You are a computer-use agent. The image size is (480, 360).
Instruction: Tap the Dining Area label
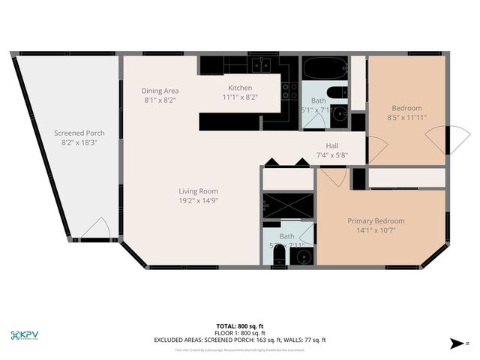[160, 91]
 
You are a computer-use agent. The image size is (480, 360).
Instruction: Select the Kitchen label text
[240, 88]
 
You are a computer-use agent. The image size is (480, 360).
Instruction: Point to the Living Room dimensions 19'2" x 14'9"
[198, 201]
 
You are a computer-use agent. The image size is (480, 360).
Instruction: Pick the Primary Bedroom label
[376, 221]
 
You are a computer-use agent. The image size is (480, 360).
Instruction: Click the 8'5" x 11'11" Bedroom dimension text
[406, 118]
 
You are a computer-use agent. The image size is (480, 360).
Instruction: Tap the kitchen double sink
[261, 64]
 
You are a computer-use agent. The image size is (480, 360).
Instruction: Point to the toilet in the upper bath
[341, 93]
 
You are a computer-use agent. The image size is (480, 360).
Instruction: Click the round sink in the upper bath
[340, 115]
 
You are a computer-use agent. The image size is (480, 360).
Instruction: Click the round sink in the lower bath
[303, 257]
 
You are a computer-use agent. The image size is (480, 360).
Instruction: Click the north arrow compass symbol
[455, 343]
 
